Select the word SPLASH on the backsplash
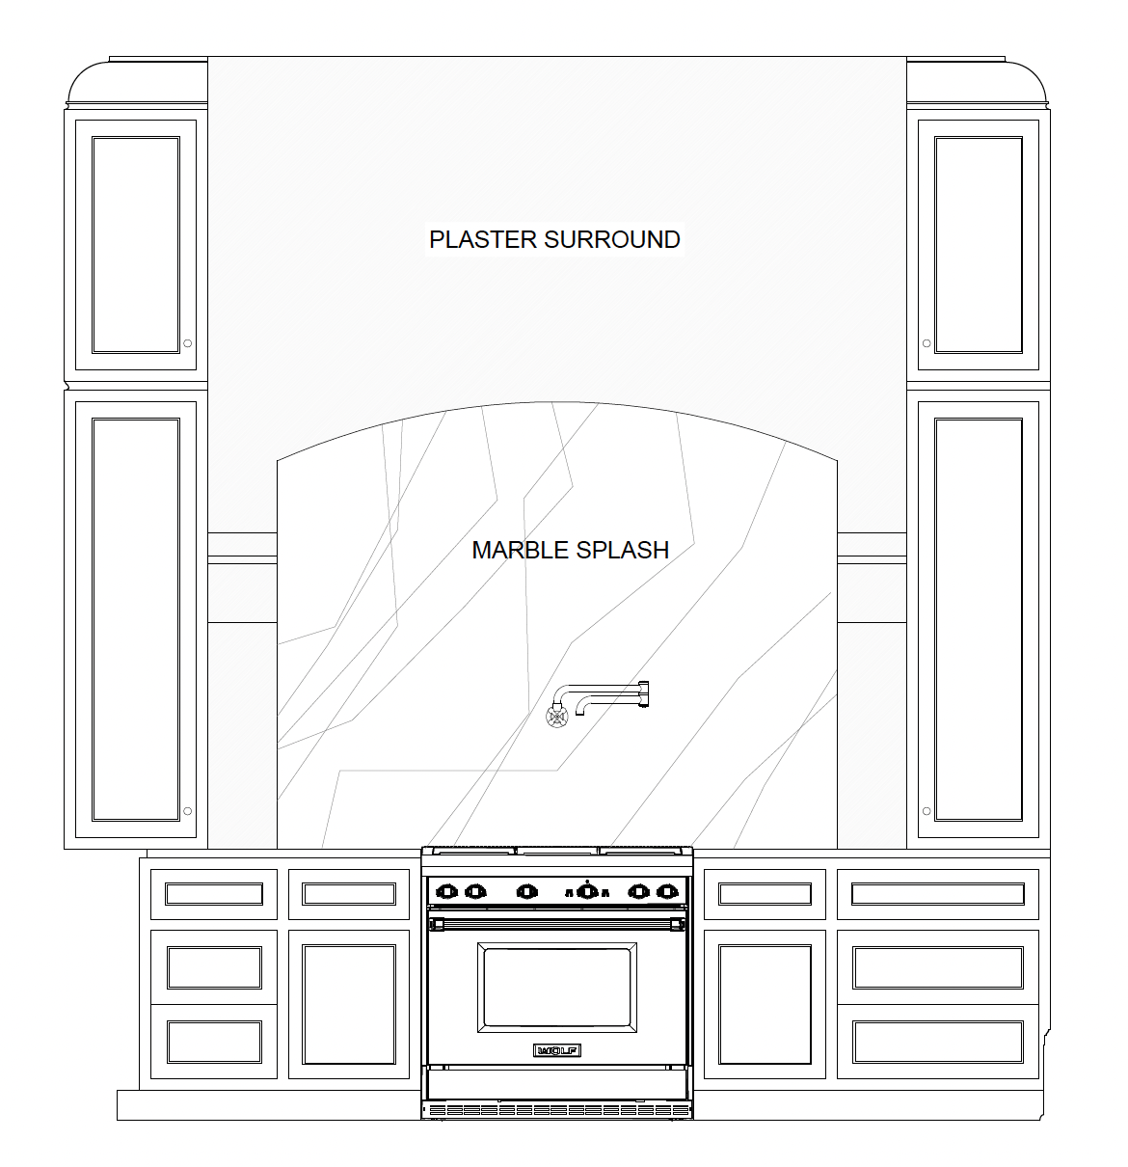pyautogui.click(x=622, y=550)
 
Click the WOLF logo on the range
pyautogui.click(x=557, y=1049)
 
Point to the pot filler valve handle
pyautogui.click(x=556, y=716)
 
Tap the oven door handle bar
pyautogui.click(x=557, y=924)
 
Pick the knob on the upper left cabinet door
pyautogui.click(x=187, y=342)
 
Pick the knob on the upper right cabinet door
pyautogui.click(x=927, y=342)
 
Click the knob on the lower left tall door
pyautogui.click(x=187, y=811)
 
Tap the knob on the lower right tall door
pyautogui.click(x=927, y=811)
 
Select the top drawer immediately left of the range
pyautogui.click(x=349, y=894)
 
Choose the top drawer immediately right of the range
pyautogui.click(x=765, y=894)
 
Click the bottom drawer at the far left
pyautogui.click(x=214, y=1042)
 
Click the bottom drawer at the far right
pyautogui.click(x=937, y=1042)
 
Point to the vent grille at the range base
pyautogui.click(x=557, y=1110)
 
